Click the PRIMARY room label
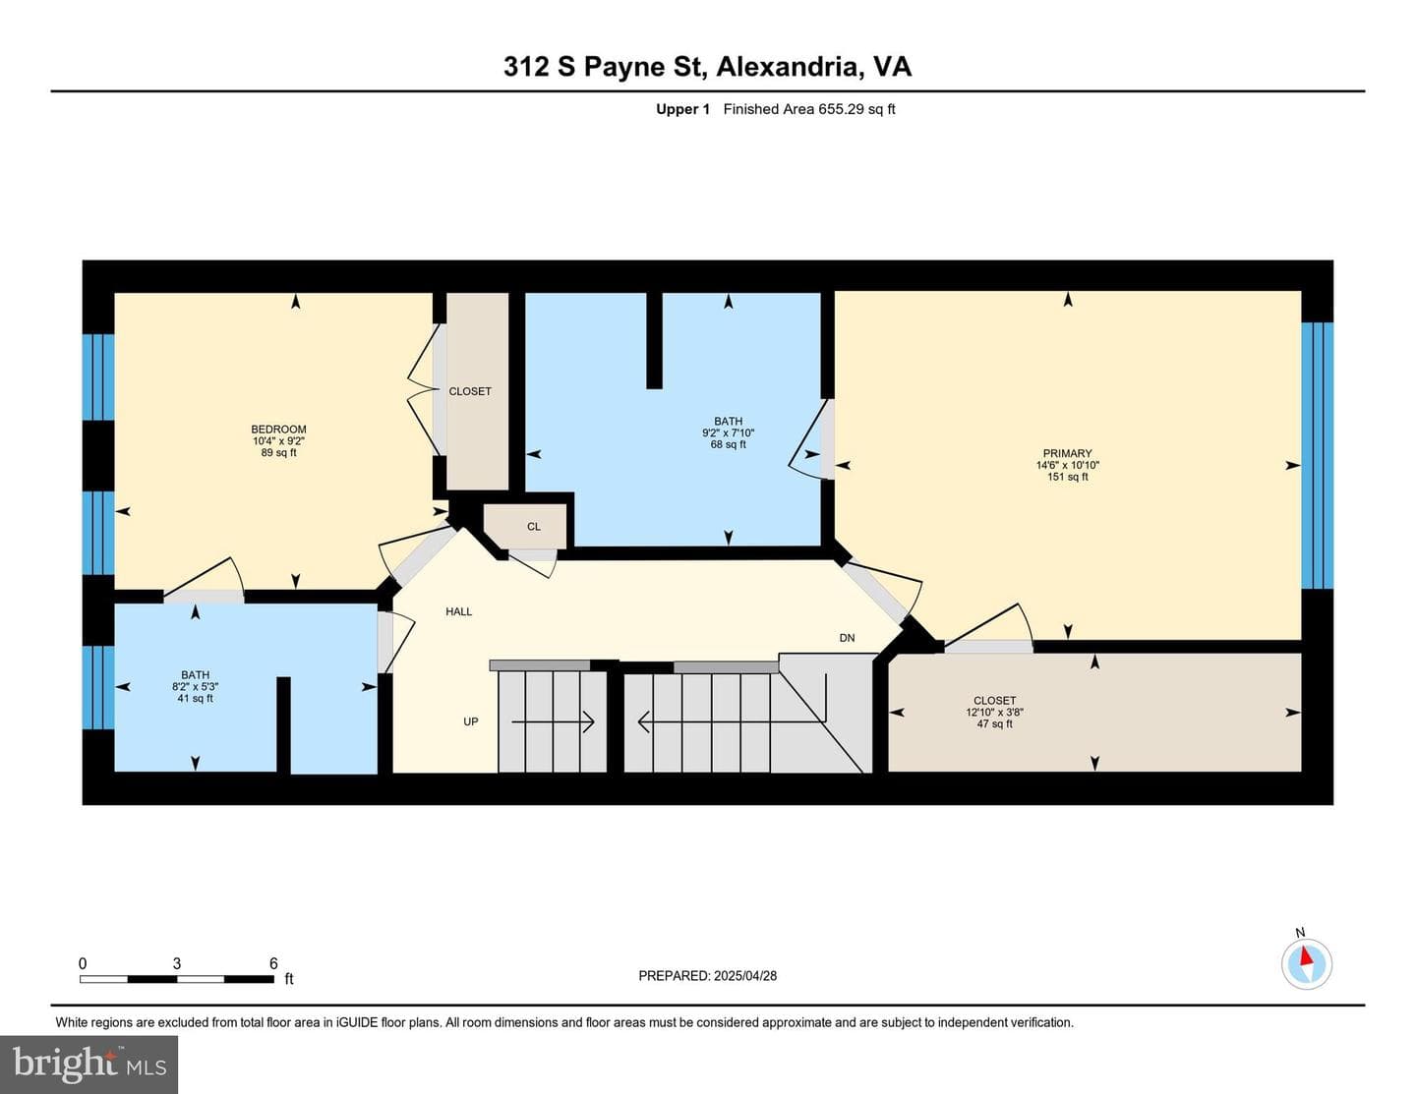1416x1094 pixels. tap(1067, 453)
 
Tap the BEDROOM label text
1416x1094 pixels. tap(278, 430)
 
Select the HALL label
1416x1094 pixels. tap(459, 611)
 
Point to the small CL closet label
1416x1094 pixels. tap(534, 526)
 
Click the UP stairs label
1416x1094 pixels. tap(470, 721)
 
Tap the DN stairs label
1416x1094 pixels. tap(847, 638)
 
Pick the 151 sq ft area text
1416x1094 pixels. tap(1067, 477)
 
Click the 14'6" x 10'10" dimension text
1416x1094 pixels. tap(1067, 465)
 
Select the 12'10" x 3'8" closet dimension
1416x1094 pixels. tap(994, 712)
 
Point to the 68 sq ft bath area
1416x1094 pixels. tap(728, 444)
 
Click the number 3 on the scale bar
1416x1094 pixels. tap(177, 963)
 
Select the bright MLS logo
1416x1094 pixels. tap(89, 1065)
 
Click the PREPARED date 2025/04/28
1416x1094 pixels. tap(744, 975)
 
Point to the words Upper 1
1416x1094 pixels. tap(682, 109)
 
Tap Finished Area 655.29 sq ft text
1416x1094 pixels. tap(808, 109)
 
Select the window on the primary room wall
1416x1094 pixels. tap(1317, 455)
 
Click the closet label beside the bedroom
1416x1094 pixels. tap(470, 391)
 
